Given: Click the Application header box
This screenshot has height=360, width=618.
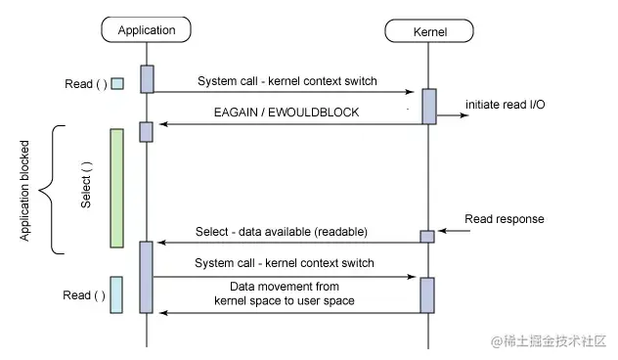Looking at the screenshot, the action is point(147,29).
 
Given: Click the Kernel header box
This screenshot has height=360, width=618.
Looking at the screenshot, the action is point(429,31).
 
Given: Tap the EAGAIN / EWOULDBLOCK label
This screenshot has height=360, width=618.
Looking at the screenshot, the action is point(287,112).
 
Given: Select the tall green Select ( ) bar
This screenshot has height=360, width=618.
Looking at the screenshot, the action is point(116,188).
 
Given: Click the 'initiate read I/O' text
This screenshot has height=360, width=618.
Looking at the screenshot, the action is point(506,105).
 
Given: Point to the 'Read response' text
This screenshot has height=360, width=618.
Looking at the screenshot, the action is point(505,219).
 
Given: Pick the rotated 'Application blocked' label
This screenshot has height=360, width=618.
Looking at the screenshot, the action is point(24,191).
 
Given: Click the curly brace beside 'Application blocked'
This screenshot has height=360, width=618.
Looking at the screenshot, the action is point(52,190).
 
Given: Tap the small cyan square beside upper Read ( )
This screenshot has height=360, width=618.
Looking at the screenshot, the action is point(117,83).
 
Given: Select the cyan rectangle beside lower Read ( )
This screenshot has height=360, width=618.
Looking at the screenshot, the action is point(116,294).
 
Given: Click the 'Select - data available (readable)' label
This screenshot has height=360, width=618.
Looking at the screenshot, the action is point(282,232).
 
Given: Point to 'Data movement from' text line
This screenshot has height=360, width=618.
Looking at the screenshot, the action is point(285,287).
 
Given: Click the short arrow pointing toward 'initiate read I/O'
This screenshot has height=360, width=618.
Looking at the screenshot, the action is point(453,115).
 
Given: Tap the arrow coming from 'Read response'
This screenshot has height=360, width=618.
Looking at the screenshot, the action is point(454,231).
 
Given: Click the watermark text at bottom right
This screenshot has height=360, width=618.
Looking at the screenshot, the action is point(549,341).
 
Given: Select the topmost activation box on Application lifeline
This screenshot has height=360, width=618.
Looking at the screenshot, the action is point(147,79).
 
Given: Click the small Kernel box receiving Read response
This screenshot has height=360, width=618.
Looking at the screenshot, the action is point(427,237).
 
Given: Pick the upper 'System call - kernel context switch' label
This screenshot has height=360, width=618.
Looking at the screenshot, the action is point(287,81).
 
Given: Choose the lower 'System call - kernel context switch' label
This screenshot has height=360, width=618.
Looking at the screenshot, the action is point(285,263).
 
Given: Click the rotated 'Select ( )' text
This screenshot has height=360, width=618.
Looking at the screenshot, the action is point(86,185).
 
